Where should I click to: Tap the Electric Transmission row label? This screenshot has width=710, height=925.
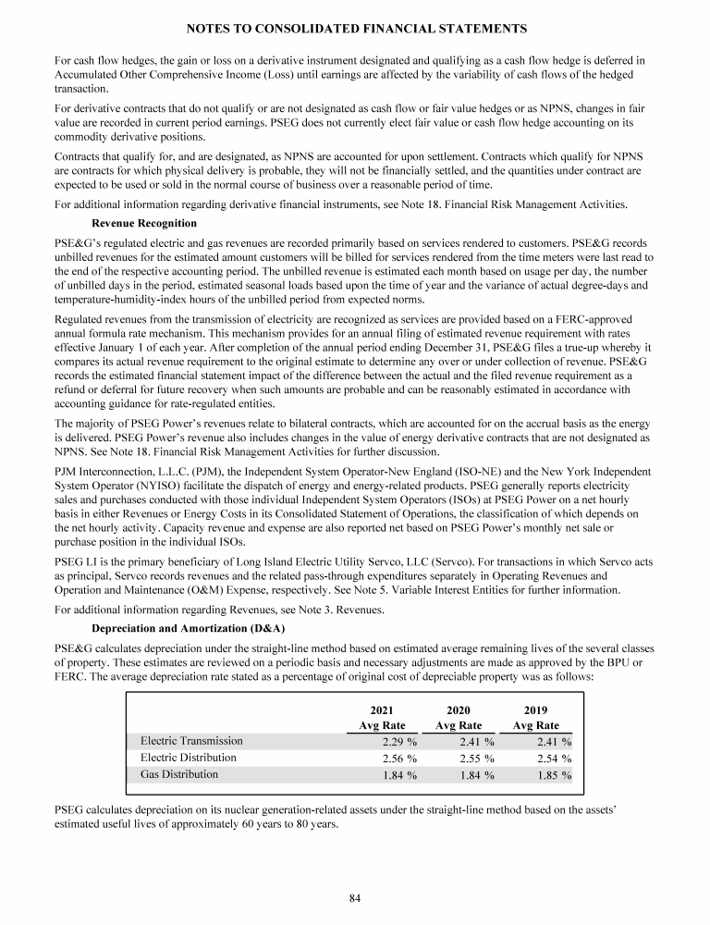tap(191, 741)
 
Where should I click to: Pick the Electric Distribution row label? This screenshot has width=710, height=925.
tap(189, 758)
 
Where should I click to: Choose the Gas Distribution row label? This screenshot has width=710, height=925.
tap(179, 774)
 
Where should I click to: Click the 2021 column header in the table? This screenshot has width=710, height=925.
tap(382, 709)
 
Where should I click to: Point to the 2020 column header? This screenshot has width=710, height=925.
tap(459, 709)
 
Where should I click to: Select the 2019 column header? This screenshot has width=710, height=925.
tap(535, 709)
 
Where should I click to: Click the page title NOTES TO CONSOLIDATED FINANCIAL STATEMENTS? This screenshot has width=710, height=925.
tap(355, 29)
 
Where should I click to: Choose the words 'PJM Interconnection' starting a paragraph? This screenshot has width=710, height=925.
tap(99, 472)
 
